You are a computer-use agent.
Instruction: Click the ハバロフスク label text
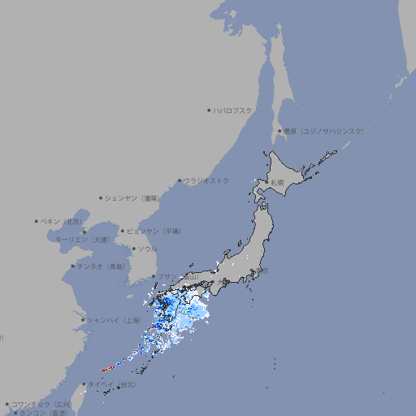pyautogui.click(x=233, y=110)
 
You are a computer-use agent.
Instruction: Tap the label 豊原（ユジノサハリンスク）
pyautogui.click(x=324, y=131)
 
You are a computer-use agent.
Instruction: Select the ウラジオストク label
pyautogui.click(x=206, y=181)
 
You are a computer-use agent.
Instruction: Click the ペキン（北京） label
pyautogui.click(x=62, y=221)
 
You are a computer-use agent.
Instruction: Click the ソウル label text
pyautogui.click(x=147, y=249)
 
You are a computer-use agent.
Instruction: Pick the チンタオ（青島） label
pyautogui.click(x=101, y=266)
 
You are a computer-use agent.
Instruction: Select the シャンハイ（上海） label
pyautogui.click(x=114, y=320)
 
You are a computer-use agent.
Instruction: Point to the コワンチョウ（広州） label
pyautogui.click(x=41, y=404)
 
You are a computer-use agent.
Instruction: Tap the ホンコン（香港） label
pyautogui.click(x=42, y=413)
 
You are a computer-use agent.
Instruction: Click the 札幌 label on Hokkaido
pyautogui.click(x=277, y=183)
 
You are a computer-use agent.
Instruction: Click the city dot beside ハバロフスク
pyautogui.click(x=209, y=110)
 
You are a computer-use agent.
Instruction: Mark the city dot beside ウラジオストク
pyautogui.click(x=180, y=181)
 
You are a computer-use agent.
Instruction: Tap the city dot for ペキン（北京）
pyautogui.click(x=37, y=221)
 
